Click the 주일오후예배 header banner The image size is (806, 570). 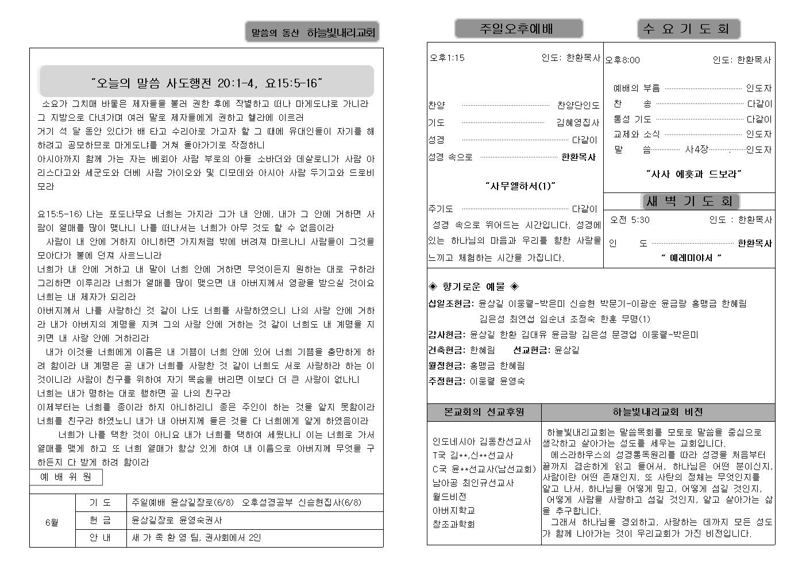pyautogui.click(x=519, y=28)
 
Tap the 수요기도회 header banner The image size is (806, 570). pyautogui.click(x=688, y=29)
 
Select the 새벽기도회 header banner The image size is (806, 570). pyautogui.click(x=689, y=201)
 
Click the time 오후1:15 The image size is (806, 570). pyautogui.click(x=447, y=57)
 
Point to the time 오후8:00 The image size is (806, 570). pyautogui.click(x=623, y=60)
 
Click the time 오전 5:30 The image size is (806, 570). pyautogui.click(x=630, y=219)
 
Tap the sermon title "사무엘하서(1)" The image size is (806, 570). pyautogui.click(x=520, y=186)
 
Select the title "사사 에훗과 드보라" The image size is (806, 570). pyautogui.click(x=693, y=174)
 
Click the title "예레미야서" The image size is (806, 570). pyautogui.click(x=691, y=258)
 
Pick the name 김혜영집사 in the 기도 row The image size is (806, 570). pyautogui.click(x=577, y=122)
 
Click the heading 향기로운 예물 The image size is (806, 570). pyautogui.click(x=474, y=286)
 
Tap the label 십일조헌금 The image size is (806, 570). pyautogui.click(x=450, y=303)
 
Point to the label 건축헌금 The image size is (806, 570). pyautogui.click(x=446, y=350)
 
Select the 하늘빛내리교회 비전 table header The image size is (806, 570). pyautogui.click(x=657, y=412)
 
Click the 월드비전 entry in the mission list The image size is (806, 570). pyautogui.click(x=449, y=496)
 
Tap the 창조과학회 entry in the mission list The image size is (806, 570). pyautogui.click(x=453, y=524)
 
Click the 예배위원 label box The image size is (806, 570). pyautogui.click(x=65, y=477)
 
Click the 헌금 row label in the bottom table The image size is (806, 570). pyautogui.click(x=101, y=520)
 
